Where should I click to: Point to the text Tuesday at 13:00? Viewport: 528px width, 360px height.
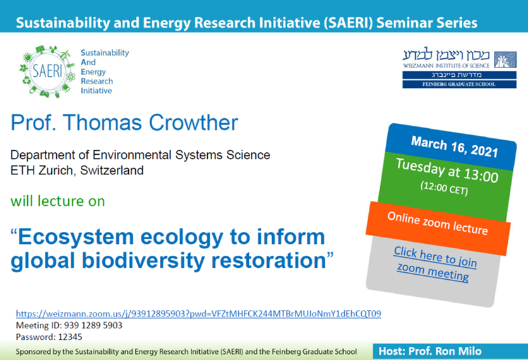coord(447,171)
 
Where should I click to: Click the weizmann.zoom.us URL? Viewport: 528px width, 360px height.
coord(198,313)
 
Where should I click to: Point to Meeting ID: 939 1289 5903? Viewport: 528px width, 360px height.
coord(69,325)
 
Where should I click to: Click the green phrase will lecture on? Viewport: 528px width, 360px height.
coord(57,201)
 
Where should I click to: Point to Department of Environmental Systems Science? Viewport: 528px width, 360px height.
coord(140,155)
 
